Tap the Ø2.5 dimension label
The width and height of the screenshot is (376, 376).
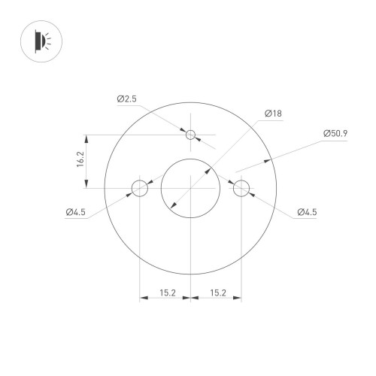click(126, 99)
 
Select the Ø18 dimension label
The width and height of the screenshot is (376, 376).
click(272, 114)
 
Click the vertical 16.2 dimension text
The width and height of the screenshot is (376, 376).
click(80, 162)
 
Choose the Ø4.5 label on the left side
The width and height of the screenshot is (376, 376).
click(76, 213)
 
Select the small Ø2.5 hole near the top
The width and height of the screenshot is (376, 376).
click(191, 135)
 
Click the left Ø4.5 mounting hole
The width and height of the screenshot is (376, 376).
click(140, 188)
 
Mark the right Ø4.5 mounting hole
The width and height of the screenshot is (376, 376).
click(241, 188)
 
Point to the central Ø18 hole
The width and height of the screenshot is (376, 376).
click(191, 188)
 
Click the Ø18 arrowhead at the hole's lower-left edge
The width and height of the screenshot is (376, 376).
click(173, 205)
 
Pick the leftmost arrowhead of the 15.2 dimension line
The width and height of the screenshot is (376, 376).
click(143, 299)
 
